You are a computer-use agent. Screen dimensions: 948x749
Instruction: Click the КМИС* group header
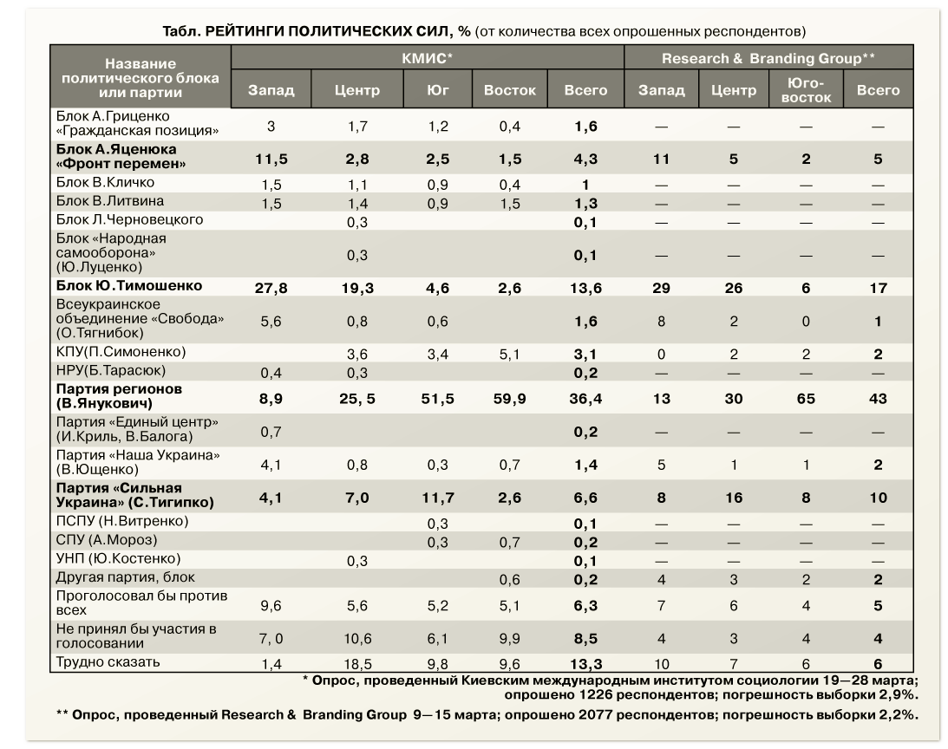pyautogui.click(x=427, y=58)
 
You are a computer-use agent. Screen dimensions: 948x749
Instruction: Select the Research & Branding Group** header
pyautogui.click(x=768, y=58)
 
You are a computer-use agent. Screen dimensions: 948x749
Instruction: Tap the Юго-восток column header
pyautogui.click(x=806, y=90)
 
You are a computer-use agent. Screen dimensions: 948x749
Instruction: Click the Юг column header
pyautogui.click(x=438, y=90)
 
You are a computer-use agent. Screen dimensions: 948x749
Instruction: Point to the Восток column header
pyautogui.click(x=510, y=90)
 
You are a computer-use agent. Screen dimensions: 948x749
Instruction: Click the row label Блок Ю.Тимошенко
pyautogui.click(x=128, y=285)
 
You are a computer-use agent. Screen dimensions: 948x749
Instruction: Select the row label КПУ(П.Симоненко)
pyautogui.click(x=121, y=352)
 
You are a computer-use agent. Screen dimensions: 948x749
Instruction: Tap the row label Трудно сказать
pyautogui.click(x=108, y=662)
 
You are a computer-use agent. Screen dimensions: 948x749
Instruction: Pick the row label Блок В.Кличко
pyautogui.click(x=105, y=183)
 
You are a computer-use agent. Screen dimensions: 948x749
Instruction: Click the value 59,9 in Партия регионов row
pyautogui.click(x=510, y=399)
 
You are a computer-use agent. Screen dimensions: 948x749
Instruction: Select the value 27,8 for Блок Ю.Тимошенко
pyautogui.click(x=271, y=289)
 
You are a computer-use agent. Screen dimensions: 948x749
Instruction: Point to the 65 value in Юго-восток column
pyautogui.click(x=806, y=399)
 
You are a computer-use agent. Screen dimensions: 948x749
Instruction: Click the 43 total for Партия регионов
pyautogui.click(x=878, y=399)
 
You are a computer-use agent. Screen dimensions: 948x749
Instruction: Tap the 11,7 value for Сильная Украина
pyautogui.click(x=438, y=498)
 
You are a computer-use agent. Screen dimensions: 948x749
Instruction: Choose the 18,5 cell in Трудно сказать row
pyautogui.click(x=357, y=665)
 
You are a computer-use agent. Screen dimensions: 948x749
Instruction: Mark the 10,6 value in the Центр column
pyautogui.click(x=357, y=639)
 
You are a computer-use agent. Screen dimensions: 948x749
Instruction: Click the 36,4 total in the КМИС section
pyautogui.click(x=585, y=399)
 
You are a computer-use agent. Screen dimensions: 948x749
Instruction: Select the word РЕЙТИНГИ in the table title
pyautogui.click(x=245, y=31)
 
